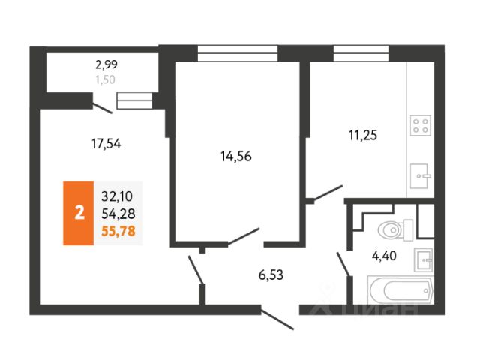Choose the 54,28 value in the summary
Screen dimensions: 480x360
pos(117,214)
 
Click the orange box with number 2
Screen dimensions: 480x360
pos(79,214)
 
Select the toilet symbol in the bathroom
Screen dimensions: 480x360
pos(394,228)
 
